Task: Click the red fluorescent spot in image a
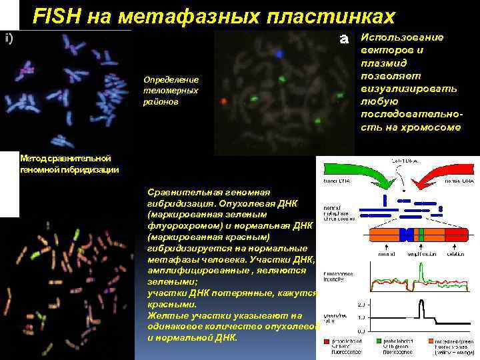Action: coord(223,102)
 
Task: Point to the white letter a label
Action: coord(345,39)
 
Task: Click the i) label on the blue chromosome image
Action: coord(9,38)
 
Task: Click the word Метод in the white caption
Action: coord(32,159)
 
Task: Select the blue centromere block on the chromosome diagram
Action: coord(404,235)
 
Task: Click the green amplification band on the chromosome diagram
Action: coord(420,235)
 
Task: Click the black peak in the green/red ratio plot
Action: coord(421,308)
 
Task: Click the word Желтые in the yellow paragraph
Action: coord(166,315)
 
